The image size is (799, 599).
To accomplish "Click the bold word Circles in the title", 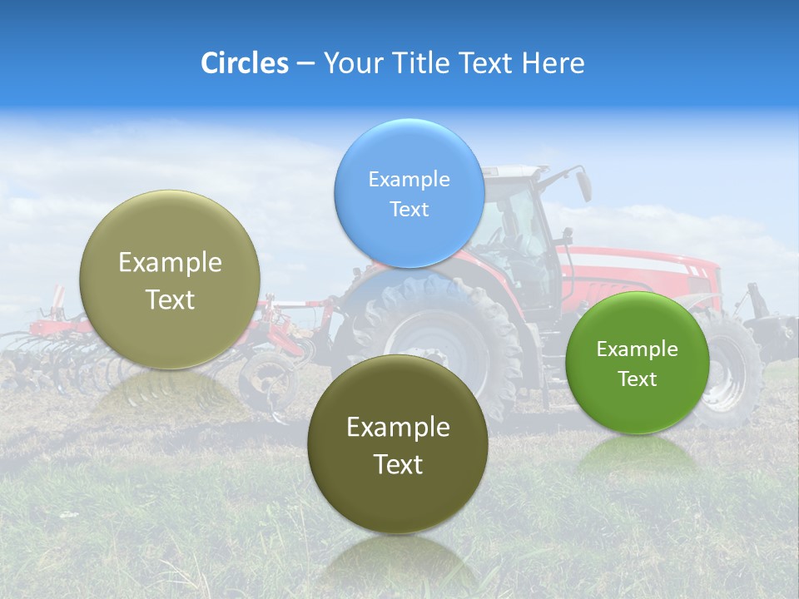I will coord(245,63).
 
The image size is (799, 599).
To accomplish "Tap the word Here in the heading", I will coord(553,63).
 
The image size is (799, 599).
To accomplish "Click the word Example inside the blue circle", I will coord(409,179).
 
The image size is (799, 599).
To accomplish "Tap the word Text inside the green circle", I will coord(638,379).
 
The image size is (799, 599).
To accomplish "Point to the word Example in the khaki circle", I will coord(170,263).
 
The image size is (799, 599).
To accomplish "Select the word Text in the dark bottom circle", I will coord(398,464).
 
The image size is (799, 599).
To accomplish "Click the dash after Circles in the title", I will coord(305,63).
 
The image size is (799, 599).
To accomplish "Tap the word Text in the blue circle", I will coord(409,209).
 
